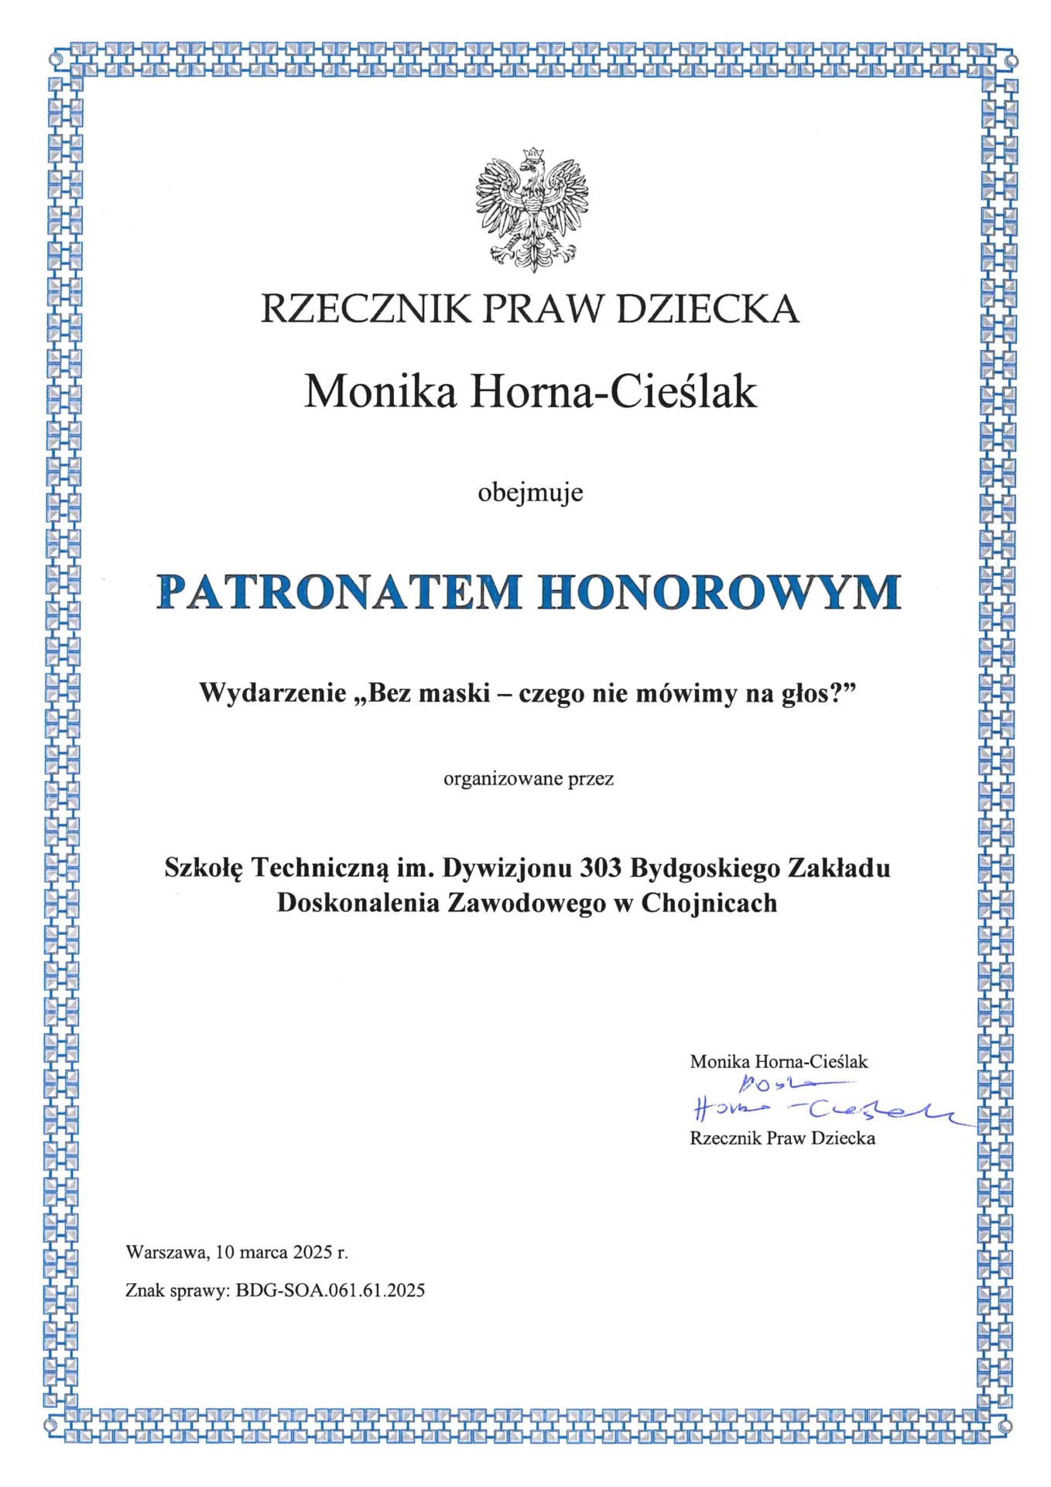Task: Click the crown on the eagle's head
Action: (532, 156)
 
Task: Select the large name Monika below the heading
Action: (380, 392)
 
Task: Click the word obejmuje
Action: (530, 493)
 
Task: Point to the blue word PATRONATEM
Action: (339, 592)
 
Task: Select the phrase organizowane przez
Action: (529, 778)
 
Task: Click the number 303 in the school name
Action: (601, 868)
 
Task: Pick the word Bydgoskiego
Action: (704, 868)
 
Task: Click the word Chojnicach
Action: (709, 903)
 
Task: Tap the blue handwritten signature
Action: (820, 1103)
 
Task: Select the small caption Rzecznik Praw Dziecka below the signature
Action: (782, 1138)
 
